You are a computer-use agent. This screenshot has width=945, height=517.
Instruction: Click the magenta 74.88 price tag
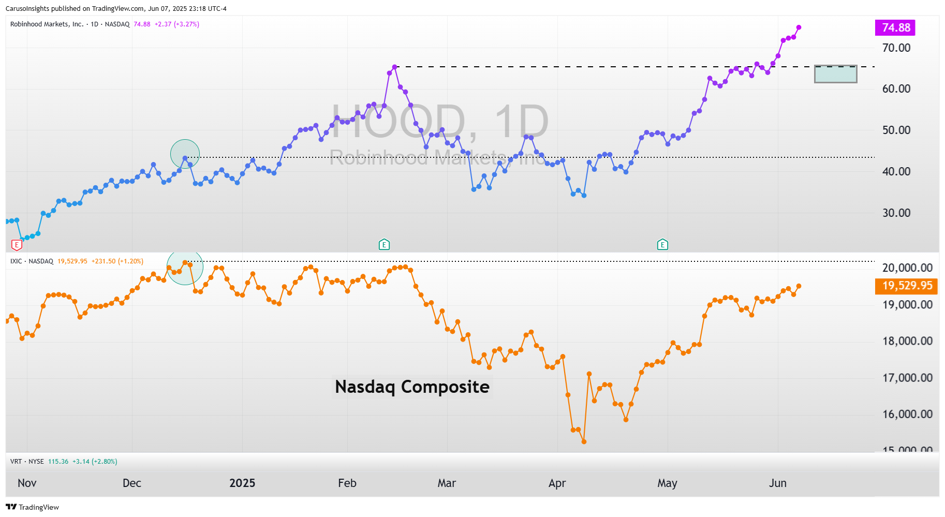895,28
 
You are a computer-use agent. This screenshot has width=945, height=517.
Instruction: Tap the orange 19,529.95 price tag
906,286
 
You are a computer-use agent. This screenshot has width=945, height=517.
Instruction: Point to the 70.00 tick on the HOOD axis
896,48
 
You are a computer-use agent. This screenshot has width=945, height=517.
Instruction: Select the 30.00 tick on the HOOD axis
896,213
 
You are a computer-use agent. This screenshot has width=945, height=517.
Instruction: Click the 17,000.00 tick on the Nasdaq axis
907,378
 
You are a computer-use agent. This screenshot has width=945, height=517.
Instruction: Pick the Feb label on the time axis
347,483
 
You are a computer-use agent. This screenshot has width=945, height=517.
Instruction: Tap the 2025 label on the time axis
242,483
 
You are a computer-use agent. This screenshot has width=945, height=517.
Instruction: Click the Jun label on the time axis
777,483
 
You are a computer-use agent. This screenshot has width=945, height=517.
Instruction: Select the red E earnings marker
17,245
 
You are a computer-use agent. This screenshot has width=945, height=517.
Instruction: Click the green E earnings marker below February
384,244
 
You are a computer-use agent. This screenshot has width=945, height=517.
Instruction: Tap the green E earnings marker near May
662,244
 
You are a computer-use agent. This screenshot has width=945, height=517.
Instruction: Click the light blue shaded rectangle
835,74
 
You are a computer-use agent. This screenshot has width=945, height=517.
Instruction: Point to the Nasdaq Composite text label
412,387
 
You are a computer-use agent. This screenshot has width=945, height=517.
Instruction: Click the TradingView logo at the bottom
32,507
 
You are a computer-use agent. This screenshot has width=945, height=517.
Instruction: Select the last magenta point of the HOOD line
799,27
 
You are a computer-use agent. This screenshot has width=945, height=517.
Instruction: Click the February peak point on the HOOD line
395,67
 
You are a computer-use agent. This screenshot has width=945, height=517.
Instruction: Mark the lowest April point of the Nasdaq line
584,441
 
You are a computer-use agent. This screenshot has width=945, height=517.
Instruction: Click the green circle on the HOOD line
185,154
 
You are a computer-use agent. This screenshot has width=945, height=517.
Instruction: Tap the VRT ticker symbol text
16,462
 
